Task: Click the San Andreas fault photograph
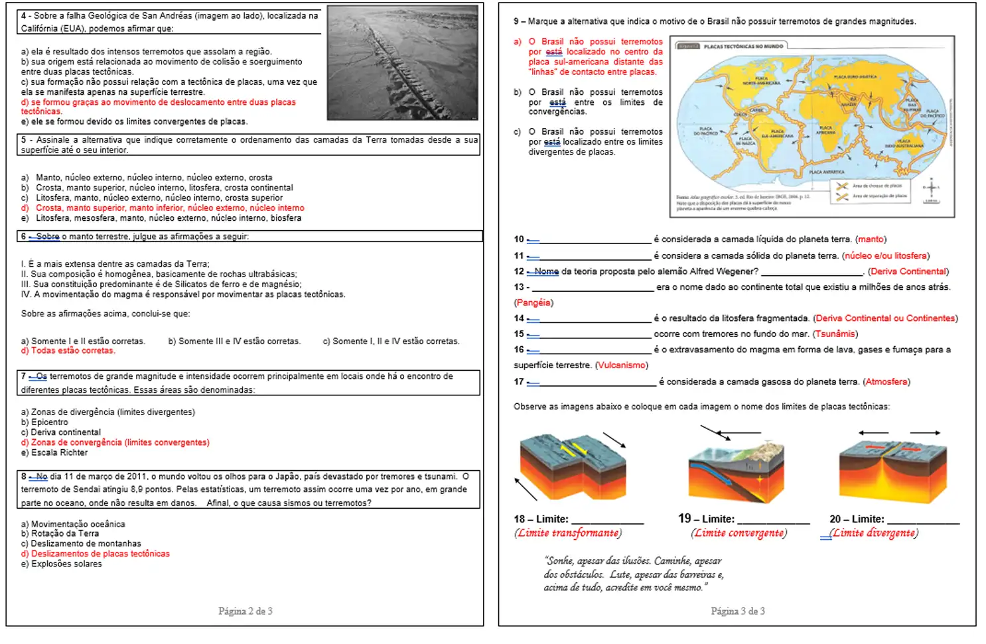click(403, 62)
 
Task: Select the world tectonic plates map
click(811, 126)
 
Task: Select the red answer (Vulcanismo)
click(621, 365)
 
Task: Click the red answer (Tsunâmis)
click(835, 334)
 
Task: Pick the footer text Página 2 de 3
click(245, 611)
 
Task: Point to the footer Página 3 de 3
click(737, 611)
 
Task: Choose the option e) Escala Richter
click(54, 452)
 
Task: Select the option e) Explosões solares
click(61, 564)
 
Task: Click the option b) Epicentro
click(44, 422)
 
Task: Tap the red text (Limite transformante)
click(567, 533)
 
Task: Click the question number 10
click(519, 239)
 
